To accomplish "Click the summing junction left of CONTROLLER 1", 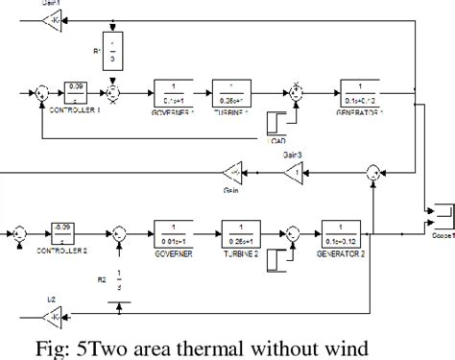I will click(42, 94).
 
